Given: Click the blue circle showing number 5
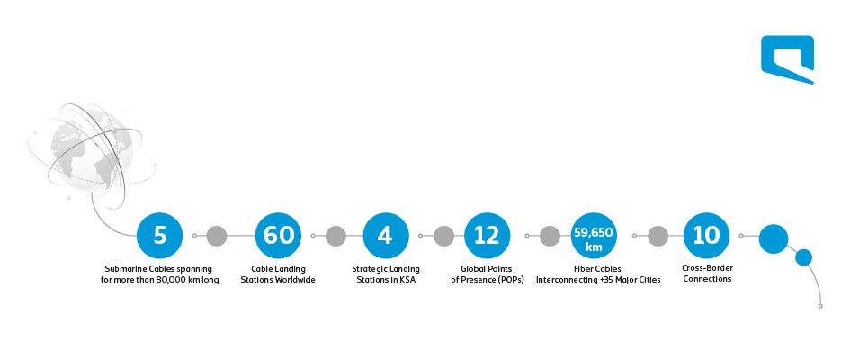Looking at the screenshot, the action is (160, 236).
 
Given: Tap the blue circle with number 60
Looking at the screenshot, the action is (278, 236).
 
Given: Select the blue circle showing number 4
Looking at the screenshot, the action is (386, 236).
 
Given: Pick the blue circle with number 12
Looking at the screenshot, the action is (488, 236).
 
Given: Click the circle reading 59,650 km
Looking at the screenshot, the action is (594, 236).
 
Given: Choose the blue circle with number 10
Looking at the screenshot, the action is (706, 236).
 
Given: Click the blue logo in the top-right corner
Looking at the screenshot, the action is (788, 59).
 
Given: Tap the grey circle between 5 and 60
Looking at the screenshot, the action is (216, 236).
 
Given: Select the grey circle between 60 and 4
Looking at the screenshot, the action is (336, 236).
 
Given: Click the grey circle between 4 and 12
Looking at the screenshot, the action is (443, 236).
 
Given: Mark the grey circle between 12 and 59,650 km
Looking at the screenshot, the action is (550, 236).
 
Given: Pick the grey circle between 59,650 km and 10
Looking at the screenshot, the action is (658, 236).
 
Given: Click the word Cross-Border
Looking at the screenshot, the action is (707, 268).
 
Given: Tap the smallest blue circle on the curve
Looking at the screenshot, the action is (803, 257).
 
